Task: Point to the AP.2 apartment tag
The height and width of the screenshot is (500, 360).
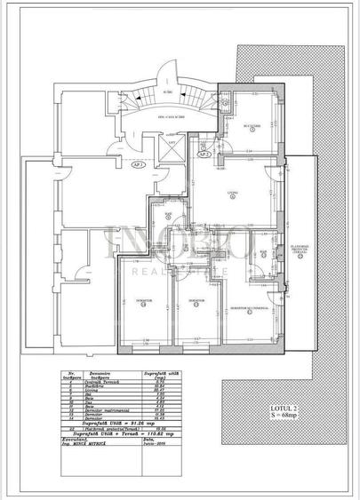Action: click(x=204, y=153)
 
